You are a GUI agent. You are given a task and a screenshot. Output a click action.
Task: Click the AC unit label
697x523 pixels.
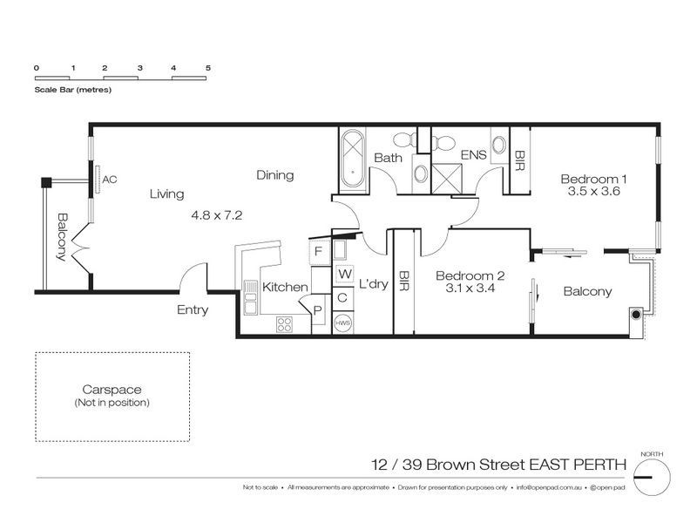coord(110,180)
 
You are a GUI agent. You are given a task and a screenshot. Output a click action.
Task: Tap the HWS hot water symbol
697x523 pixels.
coord(343,323)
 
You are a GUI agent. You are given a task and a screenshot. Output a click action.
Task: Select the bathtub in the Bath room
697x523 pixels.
coord(353,159)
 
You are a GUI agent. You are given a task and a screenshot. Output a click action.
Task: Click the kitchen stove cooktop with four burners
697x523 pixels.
coord(284,324)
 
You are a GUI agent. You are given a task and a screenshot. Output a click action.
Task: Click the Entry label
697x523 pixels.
coord(192,309)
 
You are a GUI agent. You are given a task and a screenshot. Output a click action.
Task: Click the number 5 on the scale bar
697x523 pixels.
coord(208,67)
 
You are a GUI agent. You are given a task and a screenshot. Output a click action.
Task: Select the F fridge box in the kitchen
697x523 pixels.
coord(318,252)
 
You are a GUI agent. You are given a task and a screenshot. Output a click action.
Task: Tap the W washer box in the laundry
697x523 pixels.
coord(343,275)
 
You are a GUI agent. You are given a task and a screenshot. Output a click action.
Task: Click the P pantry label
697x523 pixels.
coord(316,309)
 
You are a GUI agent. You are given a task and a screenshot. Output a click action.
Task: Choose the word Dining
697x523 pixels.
coord(274,175)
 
